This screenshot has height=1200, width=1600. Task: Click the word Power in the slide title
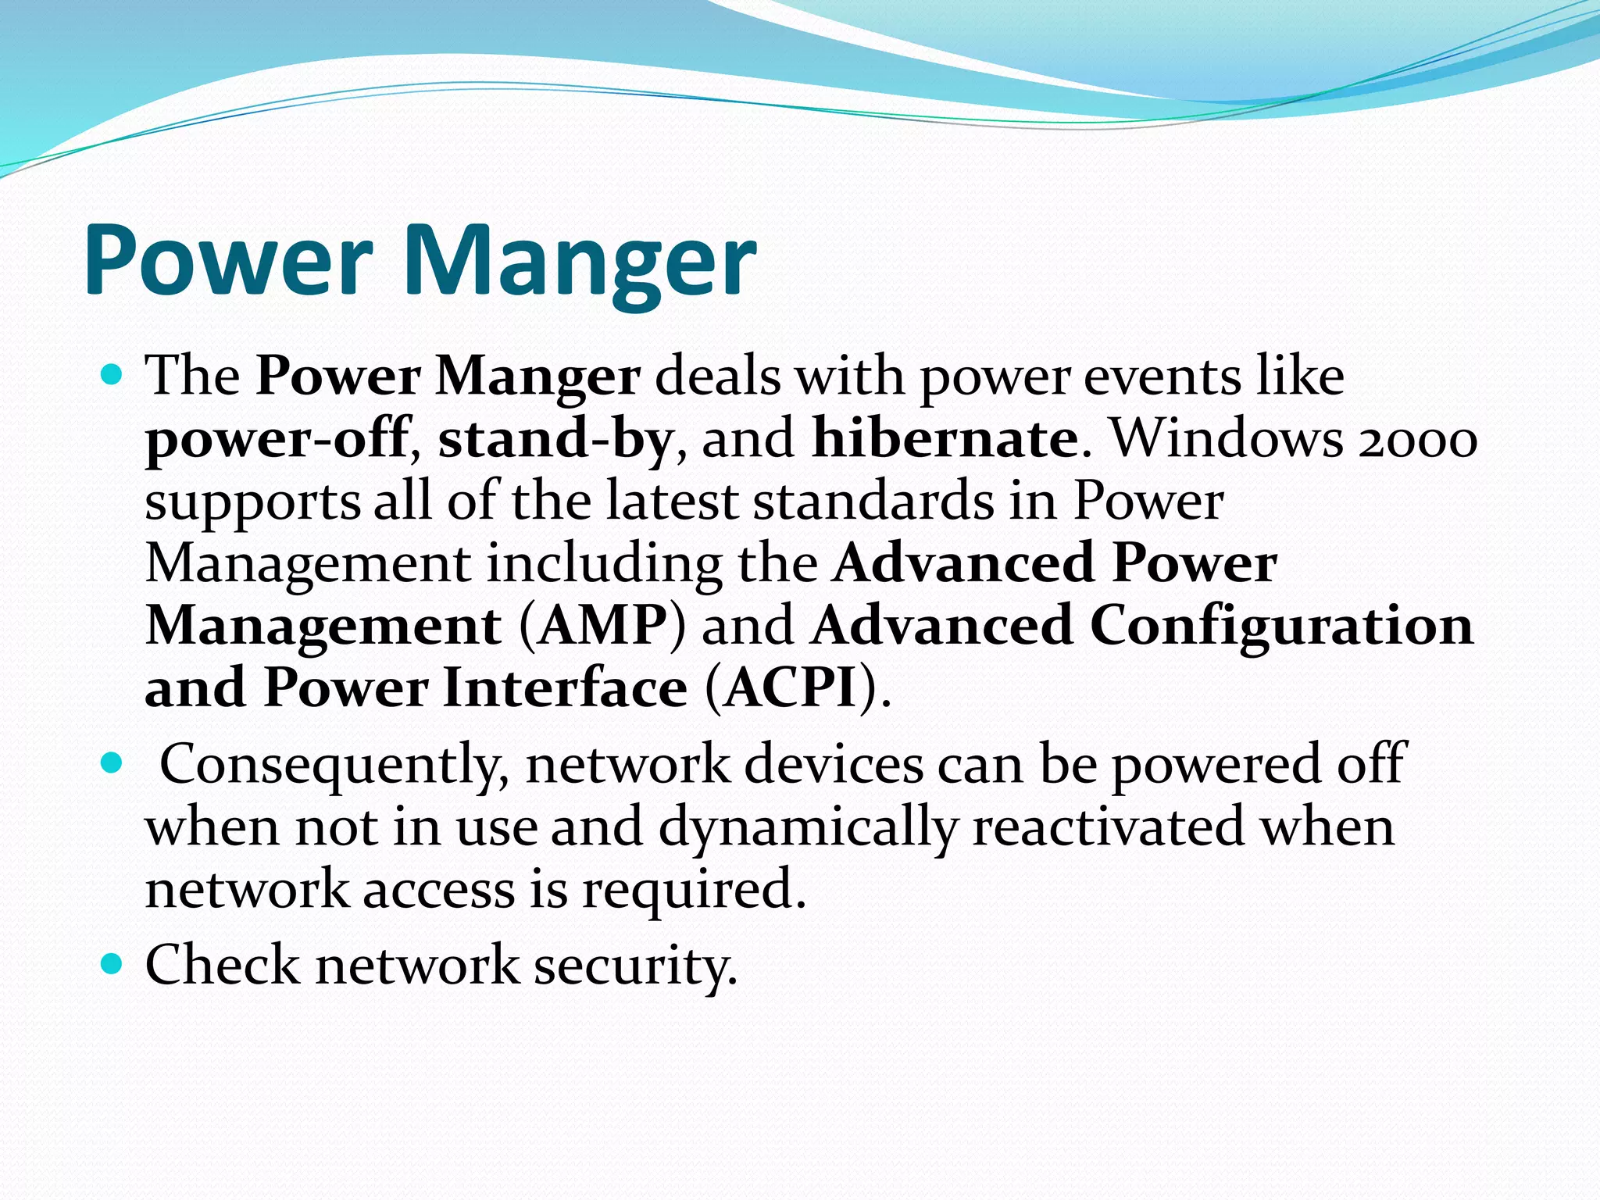point(227,259)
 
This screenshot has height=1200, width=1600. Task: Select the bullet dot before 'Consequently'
point(112,762)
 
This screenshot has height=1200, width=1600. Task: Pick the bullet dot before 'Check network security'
point(112,964)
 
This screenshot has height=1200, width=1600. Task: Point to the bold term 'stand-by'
point(555,439)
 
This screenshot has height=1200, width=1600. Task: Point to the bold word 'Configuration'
point(1281,627)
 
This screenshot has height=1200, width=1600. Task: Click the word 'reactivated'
point(1109,827)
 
